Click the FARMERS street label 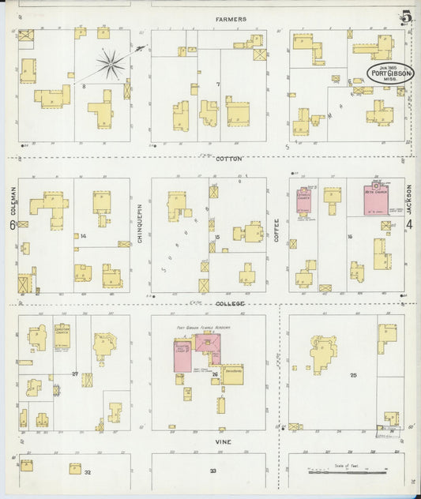pos(231,19)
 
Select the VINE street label pos(224,442)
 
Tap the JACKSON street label pos(409,198)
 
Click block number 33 pos(212,471)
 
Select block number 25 pos(353,375)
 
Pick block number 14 pos(82,235)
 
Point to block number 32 pos(88,472)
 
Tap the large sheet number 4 pos(409,225)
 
